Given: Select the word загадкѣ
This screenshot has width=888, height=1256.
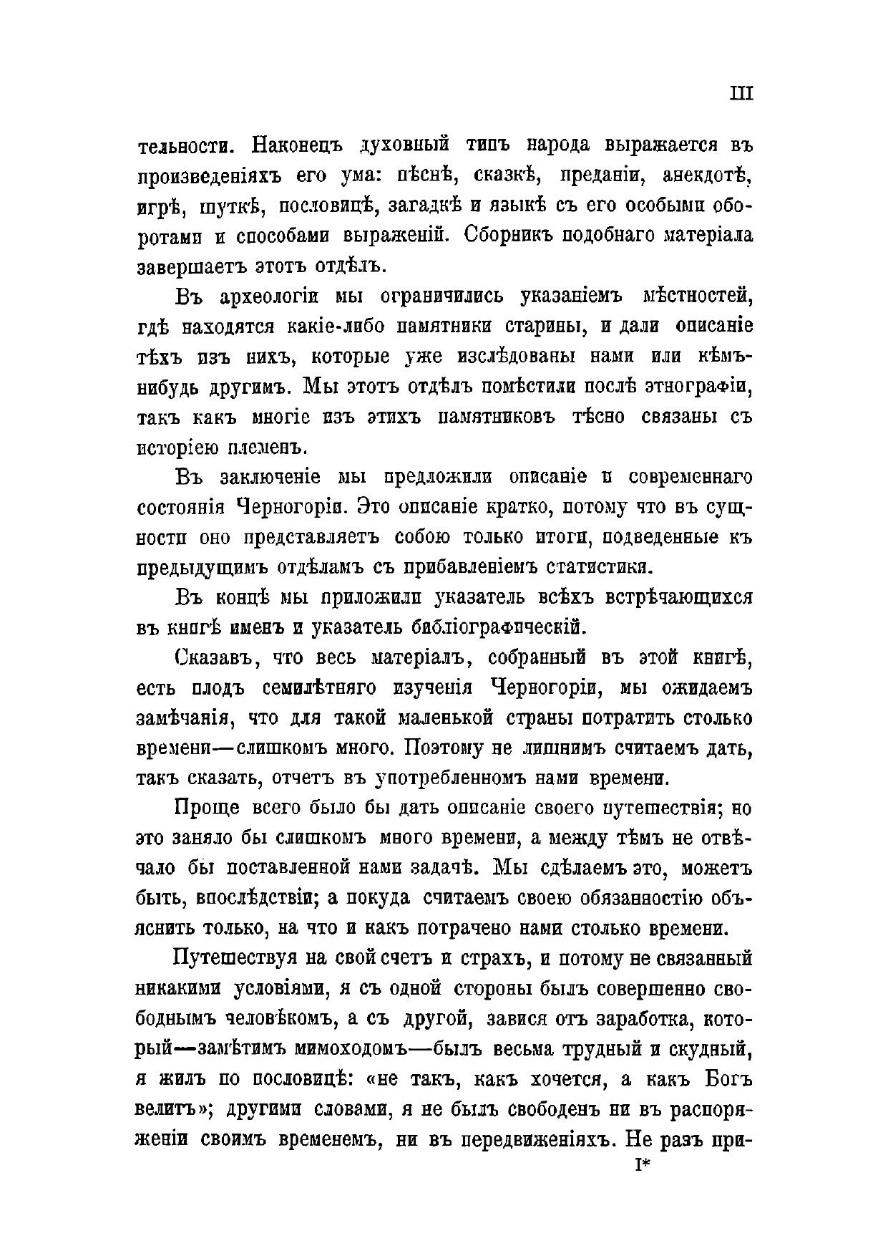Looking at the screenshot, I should click(x=424, y=205).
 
